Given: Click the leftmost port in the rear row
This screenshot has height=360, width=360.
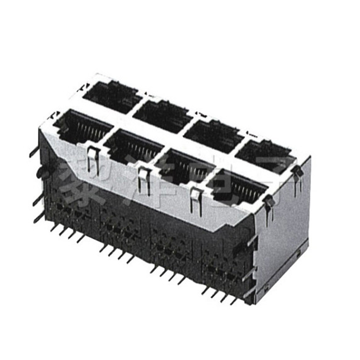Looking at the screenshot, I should point(110,96).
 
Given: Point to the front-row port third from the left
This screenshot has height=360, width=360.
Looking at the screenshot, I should point(184,166).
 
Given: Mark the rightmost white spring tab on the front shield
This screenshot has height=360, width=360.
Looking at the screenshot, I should point(196,200).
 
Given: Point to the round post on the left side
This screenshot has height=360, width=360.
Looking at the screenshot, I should point(41,173).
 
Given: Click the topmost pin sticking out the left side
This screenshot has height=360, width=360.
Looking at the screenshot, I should point(34,151).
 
